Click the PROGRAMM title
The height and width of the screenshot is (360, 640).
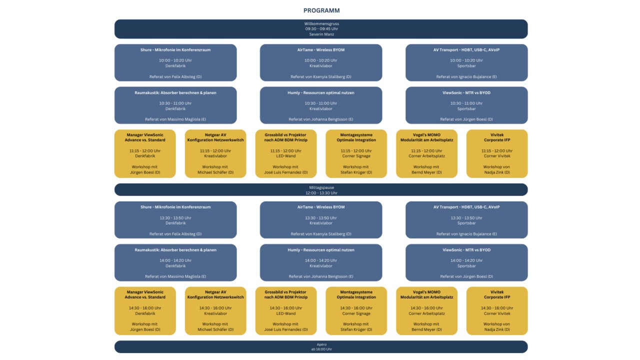pyautogui.click(x=321, y=10)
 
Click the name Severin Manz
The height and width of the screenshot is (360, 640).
pyautogui.click(x=321, y=34)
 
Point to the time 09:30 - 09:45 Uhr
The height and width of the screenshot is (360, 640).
pyautogui.click(x=321, y=29)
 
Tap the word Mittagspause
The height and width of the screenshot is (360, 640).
pyautogui.click(x=321, y=187)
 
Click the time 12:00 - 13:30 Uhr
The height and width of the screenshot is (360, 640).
pyautogui.click(x=321, y=193)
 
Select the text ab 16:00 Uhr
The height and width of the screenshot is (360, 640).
pyautogui.click(x=321, y=349)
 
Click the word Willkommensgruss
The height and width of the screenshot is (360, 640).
pyautogui.click(x=321, y=23)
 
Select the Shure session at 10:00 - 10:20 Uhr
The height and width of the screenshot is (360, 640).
pyautogui.click(x=175, y=62)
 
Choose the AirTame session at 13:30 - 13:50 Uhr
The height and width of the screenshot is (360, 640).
pyautogui.click(x=321, y=219)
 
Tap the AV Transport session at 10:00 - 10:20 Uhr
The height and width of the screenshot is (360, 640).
pyautogui.click(x=466, y=62)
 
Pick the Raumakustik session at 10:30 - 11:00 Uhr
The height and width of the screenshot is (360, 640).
pyautogui.click(x=175, y=105)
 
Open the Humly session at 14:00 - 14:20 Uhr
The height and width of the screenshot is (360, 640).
pyautogui.click(x=321, y=262)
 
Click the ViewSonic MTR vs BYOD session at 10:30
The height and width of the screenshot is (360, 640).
pyautogui.click(x=466, y=105)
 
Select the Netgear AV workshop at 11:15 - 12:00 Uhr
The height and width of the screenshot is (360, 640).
pyautogui.click(x=215, y=153)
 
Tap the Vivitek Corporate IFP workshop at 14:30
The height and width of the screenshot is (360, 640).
pyautogui.click(x=497, y=311)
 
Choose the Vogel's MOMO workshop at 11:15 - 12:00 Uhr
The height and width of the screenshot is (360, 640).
pyautogui.click(x=426, y=153)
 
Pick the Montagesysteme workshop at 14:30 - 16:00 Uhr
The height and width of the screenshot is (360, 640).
pyautogui.click(x=356, y=311)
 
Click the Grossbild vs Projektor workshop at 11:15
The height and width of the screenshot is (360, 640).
pyautogui.click(x=285, y=153)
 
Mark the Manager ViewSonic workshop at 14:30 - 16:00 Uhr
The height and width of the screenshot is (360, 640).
pyautogui.click(x=145, y=311)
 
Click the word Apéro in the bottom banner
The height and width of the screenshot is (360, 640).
pyautogui.click(x=321, y=344)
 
